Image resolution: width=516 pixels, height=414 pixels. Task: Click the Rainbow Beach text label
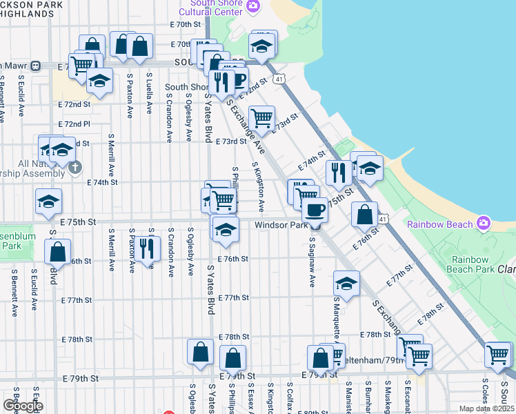440,224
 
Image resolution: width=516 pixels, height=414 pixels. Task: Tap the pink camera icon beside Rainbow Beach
484,224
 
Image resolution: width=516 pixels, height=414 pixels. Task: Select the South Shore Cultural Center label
212,7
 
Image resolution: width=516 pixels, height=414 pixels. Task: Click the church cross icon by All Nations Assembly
75,167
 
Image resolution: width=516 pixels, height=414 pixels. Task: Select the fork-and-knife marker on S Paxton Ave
146,248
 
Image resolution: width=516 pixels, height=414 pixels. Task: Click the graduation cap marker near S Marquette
346,283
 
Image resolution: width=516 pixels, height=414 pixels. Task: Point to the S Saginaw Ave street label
312,263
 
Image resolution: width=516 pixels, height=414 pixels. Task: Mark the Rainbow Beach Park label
470,264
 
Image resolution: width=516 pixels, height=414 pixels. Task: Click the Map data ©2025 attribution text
486,408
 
